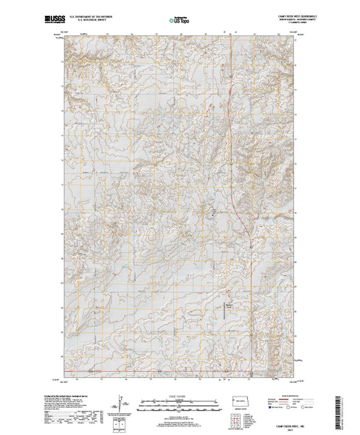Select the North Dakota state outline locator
[x=246, y=401]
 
